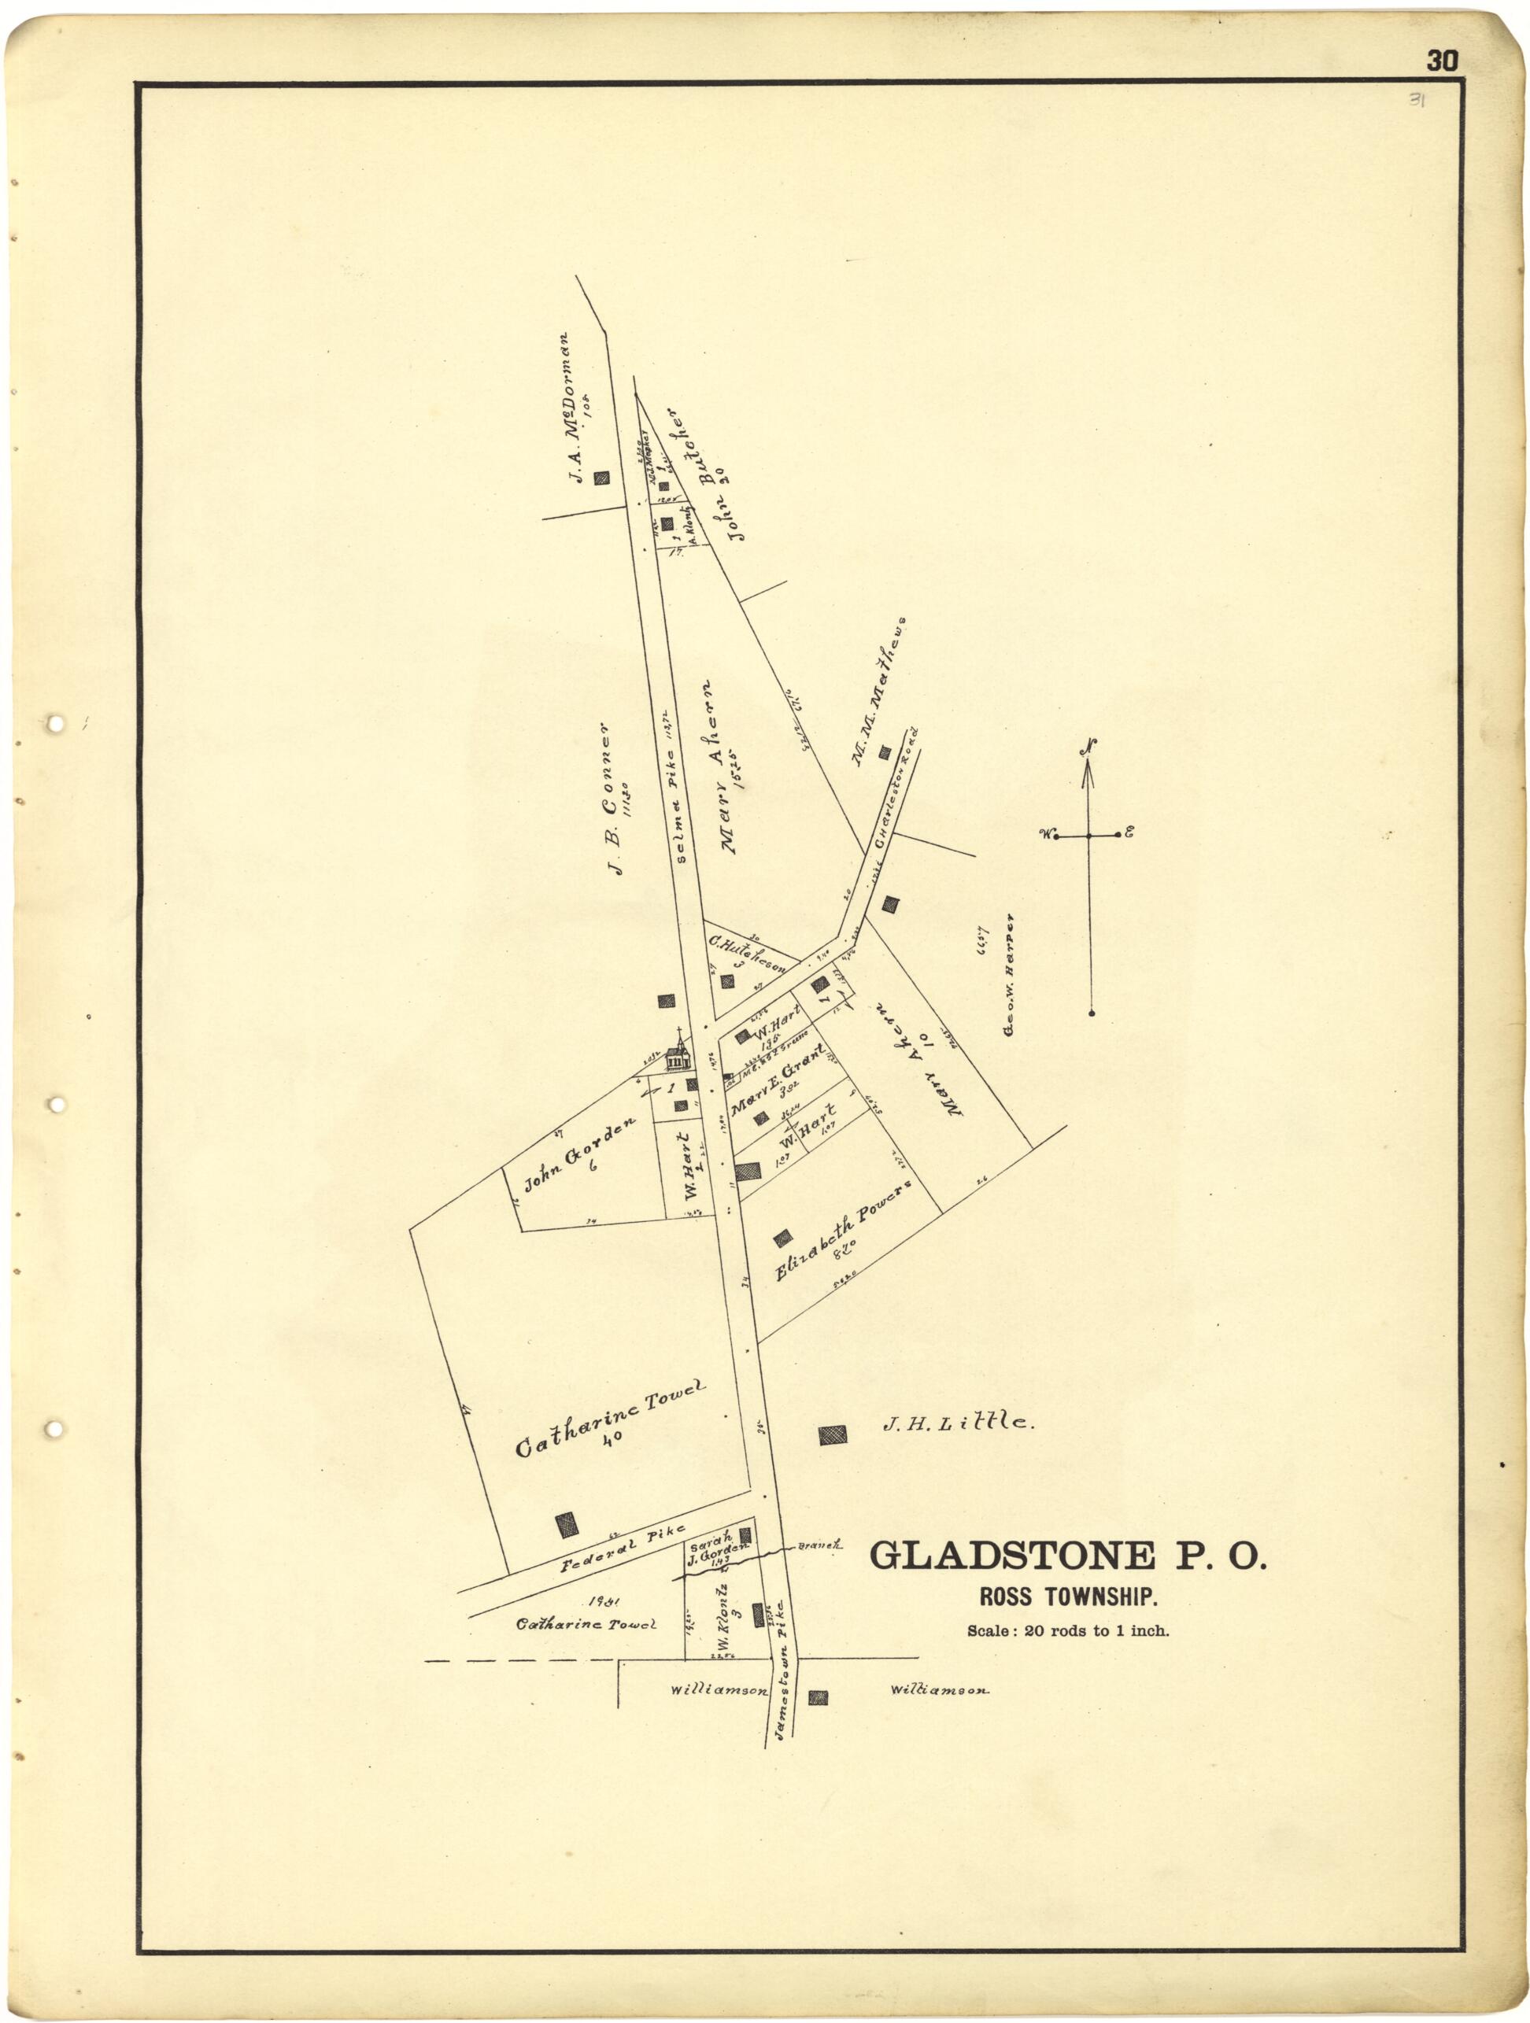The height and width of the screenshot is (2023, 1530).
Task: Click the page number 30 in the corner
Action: pos(1441,61)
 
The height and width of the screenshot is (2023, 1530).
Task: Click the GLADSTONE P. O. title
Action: pos(1067,1553)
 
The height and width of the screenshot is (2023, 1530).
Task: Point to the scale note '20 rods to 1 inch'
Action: pos(1068,1629)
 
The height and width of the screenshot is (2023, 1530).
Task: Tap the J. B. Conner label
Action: pos(612,799)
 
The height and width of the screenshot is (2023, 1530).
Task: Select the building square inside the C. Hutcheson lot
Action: pos(728,981)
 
